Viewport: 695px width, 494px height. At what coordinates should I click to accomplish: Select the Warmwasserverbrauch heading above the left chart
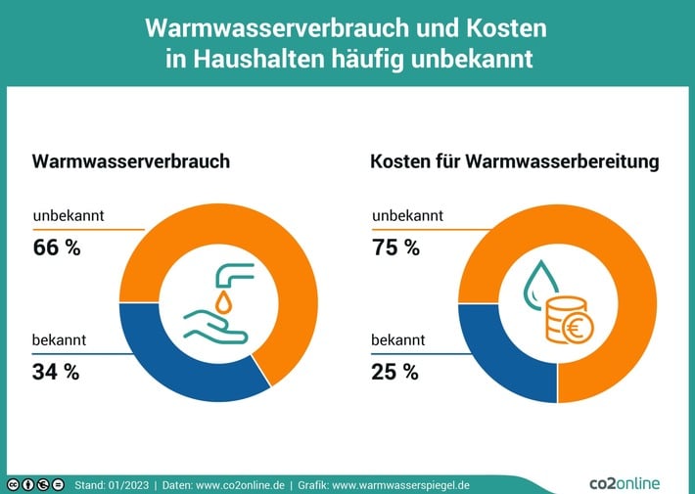(x=131, y=161)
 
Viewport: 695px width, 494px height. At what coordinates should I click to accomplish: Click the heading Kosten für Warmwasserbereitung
(x=514, y=161)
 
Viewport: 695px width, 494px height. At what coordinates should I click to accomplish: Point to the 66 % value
(x=57, y=247)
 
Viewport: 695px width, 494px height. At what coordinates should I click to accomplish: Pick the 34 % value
(x=56, y=371)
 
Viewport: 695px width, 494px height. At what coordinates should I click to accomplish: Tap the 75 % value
(x=395, y=247)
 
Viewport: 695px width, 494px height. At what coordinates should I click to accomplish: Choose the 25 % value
(x=394, y=371)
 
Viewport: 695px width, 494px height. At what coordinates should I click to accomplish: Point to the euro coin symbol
(x=574, y=330)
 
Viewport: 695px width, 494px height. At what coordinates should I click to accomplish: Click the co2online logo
(x=625, y=482)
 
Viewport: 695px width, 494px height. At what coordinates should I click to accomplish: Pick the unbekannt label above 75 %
(x=407, y=215)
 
